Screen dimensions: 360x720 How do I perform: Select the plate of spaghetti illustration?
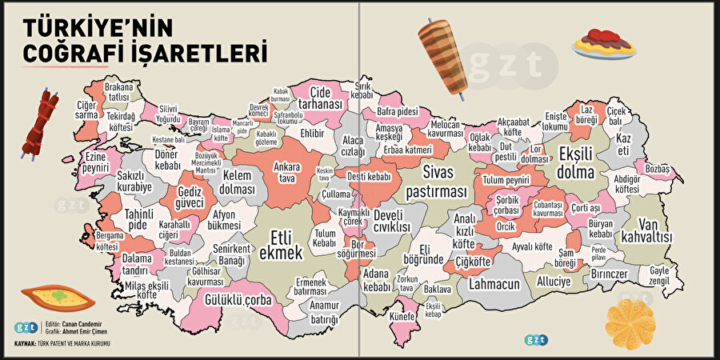[604, 42]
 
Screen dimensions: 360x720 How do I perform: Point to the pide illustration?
[57, 298]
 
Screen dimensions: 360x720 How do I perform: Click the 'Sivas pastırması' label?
[435, 185]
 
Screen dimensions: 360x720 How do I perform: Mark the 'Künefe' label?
[402, 317]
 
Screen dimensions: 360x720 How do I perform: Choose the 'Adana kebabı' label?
[377, 280]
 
